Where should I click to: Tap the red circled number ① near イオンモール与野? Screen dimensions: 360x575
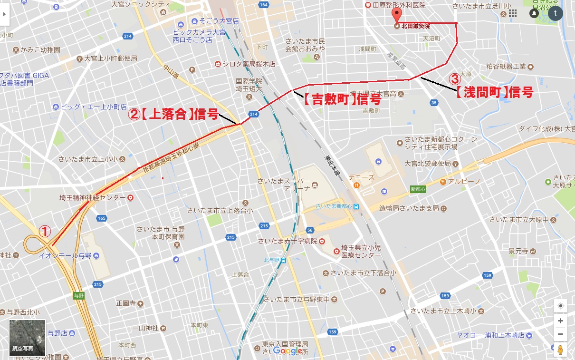coord(44,232)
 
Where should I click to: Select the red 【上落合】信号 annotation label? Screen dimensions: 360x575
coord(174,114)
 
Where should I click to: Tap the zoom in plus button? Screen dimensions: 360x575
coord(561,321)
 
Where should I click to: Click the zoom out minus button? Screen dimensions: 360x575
coord(561,334)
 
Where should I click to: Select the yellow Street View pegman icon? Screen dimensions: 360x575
coord(561,350)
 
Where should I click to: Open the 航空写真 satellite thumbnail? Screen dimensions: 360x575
coord(28,338)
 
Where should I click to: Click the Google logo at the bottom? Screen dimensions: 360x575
coord(288,351)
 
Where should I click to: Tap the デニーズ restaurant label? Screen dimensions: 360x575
coord(361,177)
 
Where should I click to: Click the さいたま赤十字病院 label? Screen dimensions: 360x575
coord(287,241)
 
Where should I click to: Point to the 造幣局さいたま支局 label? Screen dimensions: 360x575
coord(409,208)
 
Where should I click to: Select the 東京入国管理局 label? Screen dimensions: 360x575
coord(285,344)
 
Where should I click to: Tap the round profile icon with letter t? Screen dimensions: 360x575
coord(555,13)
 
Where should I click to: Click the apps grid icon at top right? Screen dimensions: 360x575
coord(512,13)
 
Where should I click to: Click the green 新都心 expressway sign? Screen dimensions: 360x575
coord(418,189)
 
